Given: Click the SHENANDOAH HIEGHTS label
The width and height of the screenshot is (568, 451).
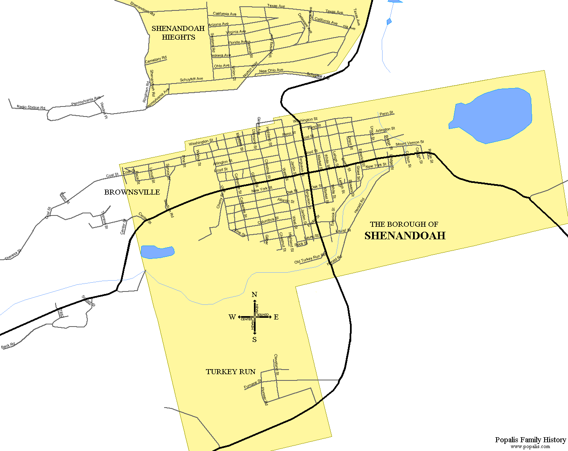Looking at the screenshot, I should coord(178,33).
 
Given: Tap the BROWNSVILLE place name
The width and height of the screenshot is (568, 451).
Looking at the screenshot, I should coord(132,192).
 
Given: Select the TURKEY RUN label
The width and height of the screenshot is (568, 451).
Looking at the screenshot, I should coord(231,372).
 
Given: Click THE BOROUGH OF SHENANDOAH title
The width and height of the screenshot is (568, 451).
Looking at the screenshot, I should coord(404,231).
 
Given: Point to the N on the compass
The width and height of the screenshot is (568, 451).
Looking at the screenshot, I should coord(254,295).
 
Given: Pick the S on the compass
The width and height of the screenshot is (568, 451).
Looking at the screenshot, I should coord(254,340).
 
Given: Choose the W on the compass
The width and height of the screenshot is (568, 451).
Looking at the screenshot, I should coord(232,317).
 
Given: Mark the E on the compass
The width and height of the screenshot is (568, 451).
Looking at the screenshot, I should coord(276,317).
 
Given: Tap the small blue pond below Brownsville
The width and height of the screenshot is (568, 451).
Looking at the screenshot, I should coord(157,252).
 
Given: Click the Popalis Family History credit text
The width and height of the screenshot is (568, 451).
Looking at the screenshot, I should coord(530,440).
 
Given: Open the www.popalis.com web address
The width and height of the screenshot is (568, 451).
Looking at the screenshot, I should coord(530,447).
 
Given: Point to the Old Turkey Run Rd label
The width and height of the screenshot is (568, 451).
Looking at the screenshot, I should coord(310,259).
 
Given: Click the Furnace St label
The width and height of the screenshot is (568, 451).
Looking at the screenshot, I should coord(252,385).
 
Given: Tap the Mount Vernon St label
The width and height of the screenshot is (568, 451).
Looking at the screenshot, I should coord(409,143).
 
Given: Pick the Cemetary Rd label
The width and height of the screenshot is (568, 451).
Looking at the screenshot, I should coord(156,60).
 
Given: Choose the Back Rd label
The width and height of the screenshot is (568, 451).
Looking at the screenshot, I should coord(8,345).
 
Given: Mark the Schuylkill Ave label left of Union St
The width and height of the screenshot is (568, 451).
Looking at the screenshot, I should coord(191,79).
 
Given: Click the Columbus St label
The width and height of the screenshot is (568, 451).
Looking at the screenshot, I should coord(268,220).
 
